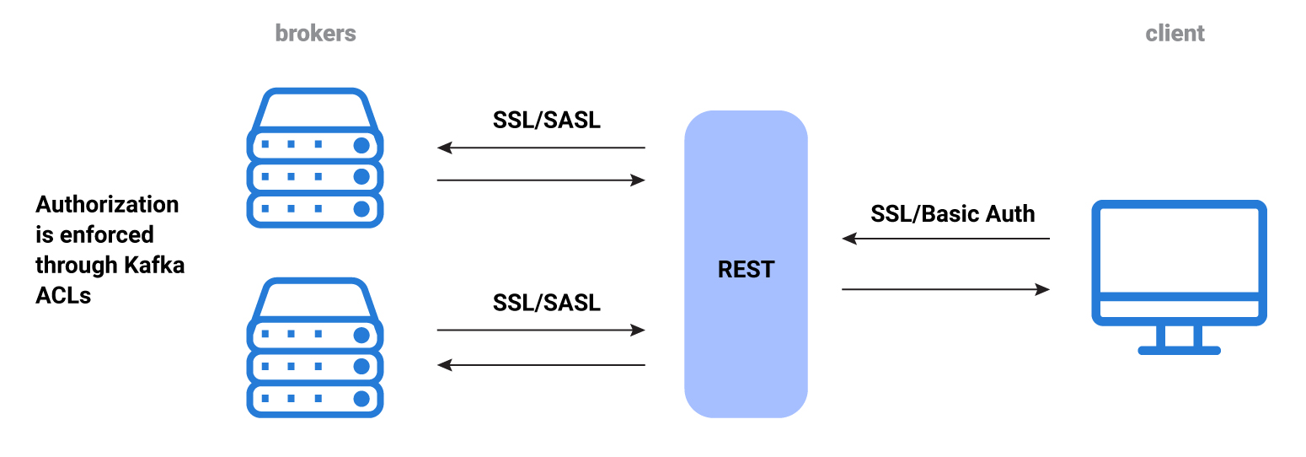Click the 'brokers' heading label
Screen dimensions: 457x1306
(x=315, y=34)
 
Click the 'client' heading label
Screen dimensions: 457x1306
(x=1175, y=34)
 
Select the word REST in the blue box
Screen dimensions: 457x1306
(x=746, y=270)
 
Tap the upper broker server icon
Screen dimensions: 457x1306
(x=315, y=158)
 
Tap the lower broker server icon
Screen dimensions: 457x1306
(x=315, y=347)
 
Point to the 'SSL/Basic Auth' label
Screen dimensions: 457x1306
(x=952, y=214)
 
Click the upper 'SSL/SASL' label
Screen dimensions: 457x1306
(x=547, y=121)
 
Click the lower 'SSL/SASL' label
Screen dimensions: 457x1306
(x=547, y=303)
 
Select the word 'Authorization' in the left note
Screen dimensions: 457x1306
(x=107, y=205)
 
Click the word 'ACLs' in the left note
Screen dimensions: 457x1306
(x=63, y=295)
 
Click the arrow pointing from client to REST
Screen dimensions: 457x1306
(x=945, y=239)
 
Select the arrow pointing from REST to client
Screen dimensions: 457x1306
(x=945, y=289)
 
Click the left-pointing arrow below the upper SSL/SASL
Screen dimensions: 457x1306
(x=540, y=148)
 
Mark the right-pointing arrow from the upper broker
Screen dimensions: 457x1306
(x=540, y=180)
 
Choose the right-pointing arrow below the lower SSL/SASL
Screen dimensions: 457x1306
(x=540, y=331)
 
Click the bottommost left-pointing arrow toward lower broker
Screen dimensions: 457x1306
(x=540, y=365)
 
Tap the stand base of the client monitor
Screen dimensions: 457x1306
(x=1179, y=349)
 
